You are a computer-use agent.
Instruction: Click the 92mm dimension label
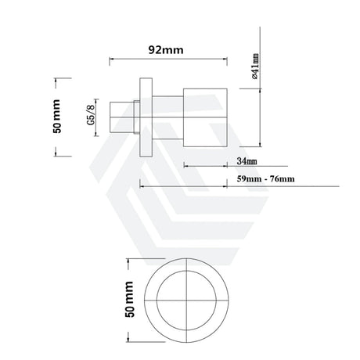[166, 49]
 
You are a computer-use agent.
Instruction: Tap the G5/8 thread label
[91, 115]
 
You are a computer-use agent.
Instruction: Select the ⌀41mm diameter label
[255, 67]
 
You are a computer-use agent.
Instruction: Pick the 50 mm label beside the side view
[56, 117]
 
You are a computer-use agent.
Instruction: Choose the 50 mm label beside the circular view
[131, 299]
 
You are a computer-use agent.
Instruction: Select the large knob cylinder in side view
[206, 116]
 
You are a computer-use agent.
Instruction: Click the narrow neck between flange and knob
[166, 116]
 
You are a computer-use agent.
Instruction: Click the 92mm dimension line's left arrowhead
[111, 59]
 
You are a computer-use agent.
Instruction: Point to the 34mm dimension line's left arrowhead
[185, 165]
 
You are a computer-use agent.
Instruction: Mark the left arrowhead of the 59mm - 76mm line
[142, 186]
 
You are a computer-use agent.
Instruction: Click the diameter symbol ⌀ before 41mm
[255, 79]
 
